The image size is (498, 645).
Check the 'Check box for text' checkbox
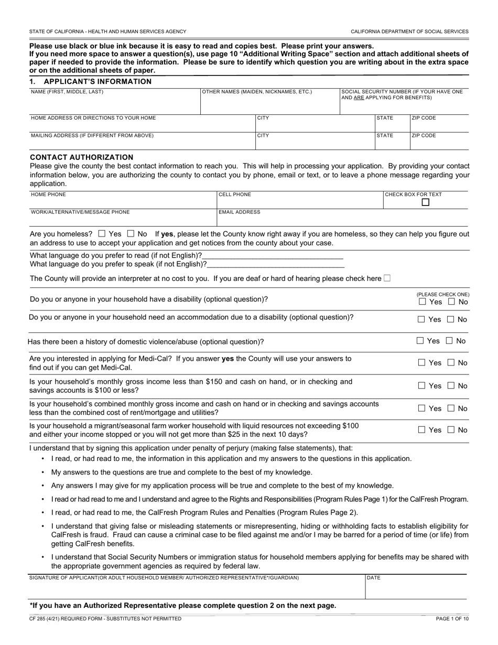click(x=426, y=202)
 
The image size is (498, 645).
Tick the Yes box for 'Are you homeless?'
click(x=102, y=234)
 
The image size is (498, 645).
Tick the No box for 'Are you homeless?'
click(x=131, y=234)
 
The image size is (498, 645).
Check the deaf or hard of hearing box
click(x=387, y=278)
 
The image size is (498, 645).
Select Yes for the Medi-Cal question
click(x=422, y=362)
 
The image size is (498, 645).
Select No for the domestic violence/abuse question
click(x=449, y=341)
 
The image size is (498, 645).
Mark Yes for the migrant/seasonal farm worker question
click(x=422, y=430)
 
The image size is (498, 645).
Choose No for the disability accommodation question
click(x=450, y=319)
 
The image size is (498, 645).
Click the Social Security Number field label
click(x=402, y=94)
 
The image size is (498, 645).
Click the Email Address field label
click(x=239, y=212)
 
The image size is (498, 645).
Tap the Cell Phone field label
click(x=235, y=195)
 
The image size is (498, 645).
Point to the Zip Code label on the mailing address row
click(x=424, y=135)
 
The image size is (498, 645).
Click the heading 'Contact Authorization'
click(x=81, y=157)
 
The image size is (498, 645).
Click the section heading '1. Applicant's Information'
click(x=90, y=81)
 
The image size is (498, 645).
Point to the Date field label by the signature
click(x=374, y=578)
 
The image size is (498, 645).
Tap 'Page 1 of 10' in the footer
click(x=452, y=619)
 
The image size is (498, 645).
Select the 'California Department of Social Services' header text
click(x=409, y=31)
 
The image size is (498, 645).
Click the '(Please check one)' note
click(x=443, y=295)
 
